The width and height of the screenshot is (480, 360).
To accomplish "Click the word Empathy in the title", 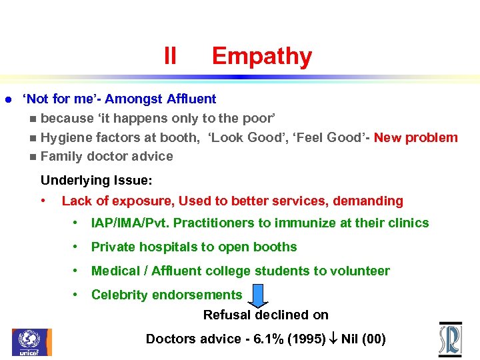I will [261, 57].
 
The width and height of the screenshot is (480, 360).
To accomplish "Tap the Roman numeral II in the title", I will [170, 57].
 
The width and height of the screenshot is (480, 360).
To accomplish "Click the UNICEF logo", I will [31, 341].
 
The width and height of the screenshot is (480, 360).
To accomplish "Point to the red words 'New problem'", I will [415, 138].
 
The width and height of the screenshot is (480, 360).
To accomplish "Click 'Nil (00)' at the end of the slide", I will [363, 339].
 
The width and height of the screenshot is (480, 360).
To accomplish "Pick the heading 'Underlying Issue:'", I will [97, 181].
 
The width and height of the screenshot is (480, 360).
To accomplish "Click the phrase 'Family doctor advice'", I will [107, 157].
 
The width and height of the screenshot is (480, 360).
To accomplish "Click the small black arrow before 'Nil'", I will [333, 339].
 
